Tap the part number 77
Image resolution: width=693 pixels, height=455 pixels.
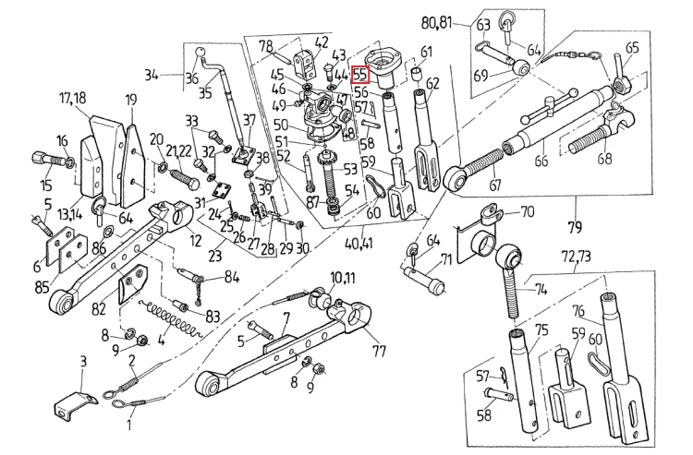[x=379, y=351]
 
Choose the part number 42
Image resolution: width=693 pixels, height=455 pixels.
[x=322, y=42]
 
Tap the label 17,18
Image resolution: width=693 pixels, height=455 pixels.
[x=73, y=98]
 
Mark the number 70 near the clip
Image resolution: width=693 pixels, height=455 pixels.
[x=528, y=211]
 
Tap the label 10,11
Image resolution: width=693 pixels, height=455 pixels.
[x=330, y=277]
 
